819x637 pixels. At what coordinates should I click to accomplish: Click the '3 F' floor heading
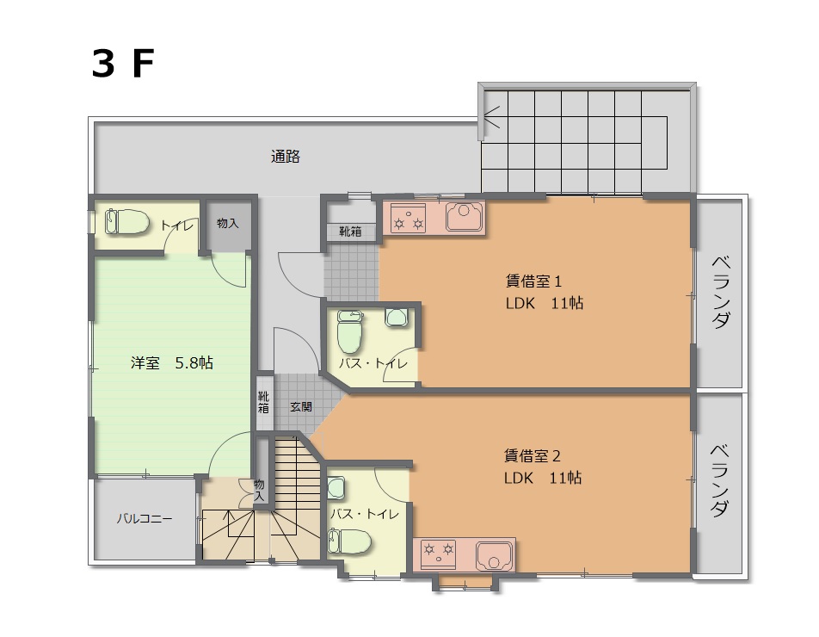(123, 64)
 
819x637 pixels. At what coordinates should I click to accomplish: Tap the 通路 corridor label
(286, 157)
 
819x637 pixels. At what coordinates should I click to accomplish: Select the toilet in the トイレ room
(127, 222)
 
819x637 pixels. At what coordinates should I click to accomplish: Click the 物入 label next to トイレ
(228, 223)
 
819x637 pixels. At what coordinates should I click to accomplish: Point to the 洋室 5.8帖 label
(172, 362)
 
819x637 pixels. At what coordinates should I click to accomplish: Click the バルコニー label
(145, 519)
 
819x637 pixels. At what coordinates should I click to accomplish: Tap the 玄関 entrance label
(301, 406)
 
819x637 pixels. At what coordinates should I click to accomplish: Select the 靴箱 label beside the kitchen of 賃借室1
(350, 232)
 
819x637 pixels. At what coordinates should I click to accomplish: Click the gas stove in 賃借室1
(409, 218)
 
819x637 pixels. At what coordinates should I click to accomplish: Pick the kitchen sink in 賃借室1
(465, 217)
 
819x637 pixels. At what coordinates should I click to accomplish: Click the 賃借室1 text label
(533, 281)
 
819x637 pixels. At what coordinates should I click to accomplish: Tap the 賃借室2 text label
(532, 456)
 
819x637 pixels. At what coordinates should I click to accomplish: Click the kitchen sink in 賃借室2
(494, 556)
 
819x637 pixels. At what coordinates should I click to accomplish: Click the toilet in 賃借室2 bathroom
(349, 541)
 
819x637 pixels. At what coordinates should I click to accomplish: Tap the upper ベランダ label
(721, 292)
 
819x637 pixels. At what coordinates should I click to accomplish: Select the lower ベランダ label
(721, 480)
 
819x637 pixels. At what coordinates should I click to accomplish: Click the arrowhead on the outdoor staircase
(491, 117)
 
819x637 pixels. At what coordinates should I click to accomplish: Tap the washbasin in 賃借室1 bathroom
(396, 317)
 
